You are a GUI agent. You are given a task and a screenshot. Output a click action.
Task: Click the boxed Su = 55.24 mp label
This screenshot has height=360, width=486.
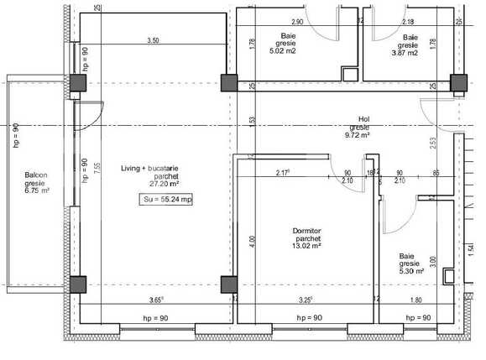165,200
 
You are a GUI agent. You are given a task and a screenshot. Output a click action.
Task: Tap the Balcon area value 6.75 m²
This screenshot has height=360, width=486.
35,190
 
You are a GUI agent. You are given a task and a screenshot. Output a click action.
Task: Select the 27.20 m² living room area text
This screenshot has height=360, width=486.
166,183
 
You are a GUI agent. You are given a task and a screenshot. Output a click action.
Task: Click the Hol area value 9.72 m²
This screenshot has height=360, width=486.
363,134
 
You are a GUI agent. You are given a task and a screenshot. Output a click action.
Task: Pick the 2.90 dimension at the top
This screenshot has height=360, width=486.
297,21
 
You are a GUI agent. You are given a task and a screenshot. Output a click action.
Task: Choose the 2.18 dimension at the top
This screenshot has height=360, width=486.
408,21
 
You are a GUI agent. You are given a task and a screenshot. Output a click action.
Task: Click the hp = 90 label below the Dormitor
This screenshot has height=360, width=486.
310,318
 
